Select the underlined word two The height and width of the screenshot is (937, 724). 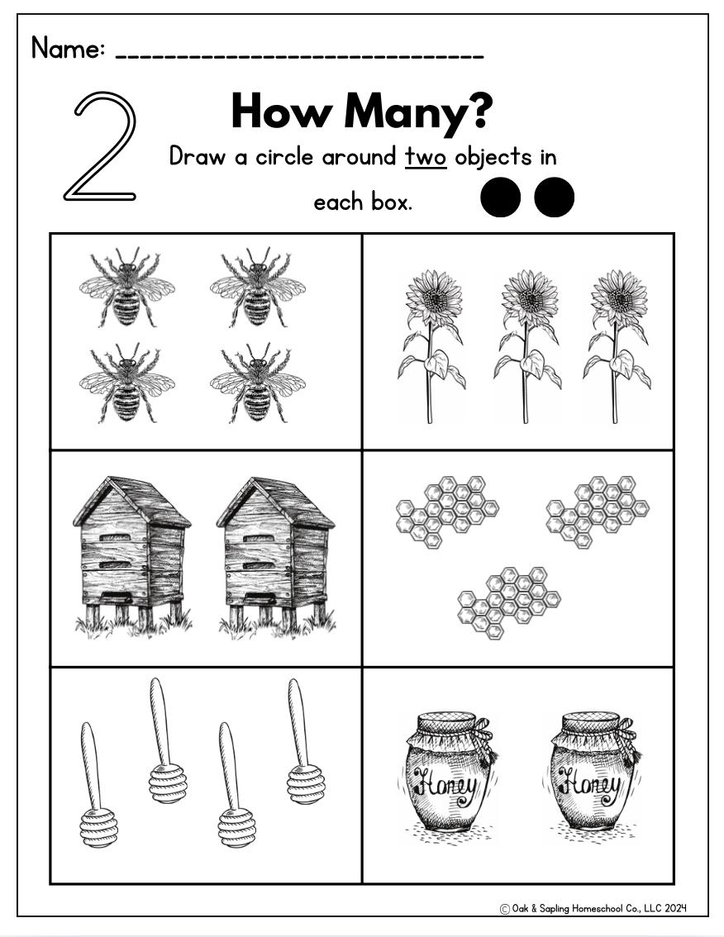click(426, 157)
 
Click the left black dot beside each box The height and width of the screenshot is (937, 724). click(500, 197)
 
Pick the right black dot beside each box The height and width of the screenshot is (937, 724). click(555, 197)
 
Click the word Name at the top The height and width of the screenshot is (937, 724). click(68, 48)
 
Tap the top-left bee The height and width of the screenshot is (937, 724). click(126, 287)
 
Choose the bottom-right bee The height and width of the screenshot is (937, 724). click(258, 383)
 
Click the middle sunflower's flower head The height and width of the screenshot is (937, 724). click(529, 297)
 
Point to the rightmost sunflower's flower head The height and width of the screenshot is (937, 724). click(619, 297)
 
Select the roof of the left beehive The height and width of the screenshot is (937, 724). click(131, 501)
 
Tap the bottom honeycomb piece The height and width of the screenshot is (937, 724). click(509, 602)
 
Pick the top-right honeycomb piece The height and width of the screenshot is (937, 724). click(598, 511)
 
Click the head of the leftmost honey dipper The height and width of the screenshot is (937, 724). click(98, 828)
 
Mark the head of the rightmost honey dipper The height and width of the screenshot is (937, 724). click(306, 785)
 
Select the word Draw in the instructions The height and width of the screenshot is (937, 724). click(198, 156)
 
